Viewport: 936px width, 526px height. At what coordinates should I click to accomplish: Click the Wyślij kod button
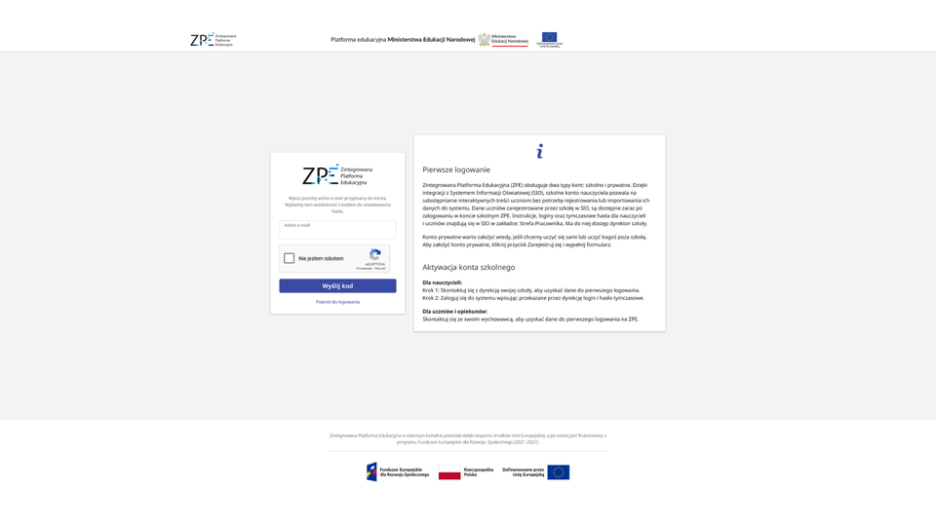[x=337, y=285]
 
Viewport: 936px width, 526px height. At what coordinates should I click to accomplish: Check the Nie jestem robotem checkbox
[x=290, y=258]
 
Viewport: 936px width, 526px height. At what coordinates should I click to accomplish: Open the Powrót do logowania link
[x=337, y=302]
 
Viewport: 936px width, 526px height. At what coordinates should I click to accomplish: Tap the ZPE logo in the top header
[x=213, y=40]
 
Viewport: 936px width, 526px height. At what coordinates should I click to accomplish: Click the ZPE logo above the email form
[x=336, y=175]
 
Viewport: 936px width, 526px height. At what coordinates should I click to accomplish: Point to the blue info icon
[x=539, y=151]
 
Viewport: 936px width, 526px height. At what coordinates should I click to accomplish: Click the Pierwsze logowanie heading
[x=456, y=169]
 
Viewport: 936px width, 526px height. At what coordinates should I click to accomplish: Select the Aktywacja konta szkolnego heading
[x=468, y=267]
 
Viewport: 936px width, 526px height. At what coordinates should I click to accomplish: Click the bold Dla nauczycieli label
[x=442, y=282]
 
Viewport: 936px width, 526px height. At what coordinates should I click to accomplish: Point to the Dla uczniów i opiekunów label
[x=454, y=312]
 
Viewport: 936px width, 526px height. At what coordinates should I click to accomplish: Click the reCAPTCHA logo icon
[x=375, y=254]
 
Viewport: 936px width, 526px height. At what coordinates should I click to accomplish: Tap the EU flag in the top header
[x=549, y=38]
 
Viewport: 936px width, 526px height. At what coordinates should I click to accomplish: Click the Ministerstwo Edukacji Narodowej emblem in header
[x=485, y=40]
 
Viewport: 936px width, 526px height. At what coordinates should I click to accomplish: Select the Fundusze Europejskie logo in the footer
[x=397, y=471]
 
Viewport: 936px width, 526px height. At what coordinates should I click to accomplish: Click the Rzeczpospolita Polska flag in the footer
[x=449, y=473]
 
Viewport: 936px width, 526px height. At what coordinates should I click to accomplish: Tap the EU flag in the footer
[x=558, y=471]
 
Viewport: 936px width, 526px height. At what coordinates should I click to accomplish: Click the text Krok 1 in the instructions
[x=431, y=290]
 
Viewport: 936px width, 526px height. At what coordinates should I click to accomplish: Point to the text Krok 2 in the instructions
[x=431, y=297]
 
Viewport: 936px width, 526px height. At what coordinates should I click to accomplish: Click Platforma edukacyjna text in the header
[x=358, y=40]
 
